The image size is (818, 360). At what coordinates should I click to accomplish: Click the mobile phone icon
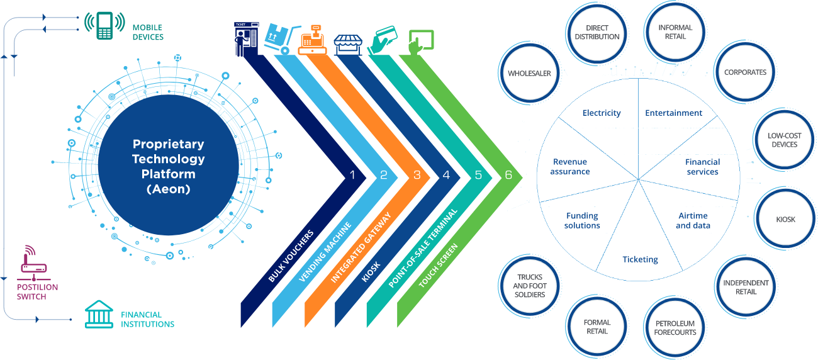coord(104,26)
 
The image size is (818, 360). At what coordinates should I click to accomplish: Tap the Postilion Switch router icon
coord(33,263)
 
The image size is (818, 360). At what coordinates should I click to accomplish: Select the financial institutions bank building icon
coord(99,314)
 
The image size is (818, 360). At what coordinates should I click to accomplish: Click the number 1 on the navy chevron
coord(352,175)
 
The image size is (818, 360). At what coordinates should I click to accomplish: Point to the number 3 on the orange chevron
coord(417,175)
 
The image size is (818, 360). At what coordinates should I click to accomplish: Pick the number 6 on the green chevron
coord(508,175)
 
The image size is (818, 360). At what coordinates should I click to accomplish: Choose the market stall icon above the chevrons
coord(348,45)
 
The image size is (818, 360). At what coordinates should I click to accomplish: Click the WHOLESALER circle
coord(529,73)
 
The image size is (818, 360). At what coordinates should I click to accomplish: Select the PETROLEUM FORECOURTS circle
coord(675,327)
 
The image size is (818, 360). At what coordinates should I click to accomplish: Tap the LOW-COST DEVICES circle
coord(785,140)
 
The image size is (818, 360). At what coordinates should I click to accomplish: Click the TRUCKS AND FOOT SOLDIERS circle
coord(530,286)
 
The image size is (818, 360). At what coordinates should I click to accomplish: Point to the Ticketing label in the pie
coord(640,259)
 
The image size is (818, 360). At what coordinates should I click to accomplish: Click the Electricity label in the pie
coord(602,113)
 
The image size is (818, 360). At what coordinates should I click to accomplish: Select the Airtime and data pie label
coord(693,220)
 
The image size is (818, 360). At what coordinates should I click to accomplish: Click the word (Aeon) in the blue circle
coord(169,189)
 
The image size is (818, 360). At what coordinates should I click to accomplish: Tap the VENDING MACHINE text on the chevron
coord(325,252)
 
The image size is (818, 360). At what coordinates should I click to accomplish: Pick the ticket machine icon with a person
coord(247,39)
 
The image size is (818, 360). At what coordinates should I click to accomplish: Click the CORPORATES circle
coord(745,72)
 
